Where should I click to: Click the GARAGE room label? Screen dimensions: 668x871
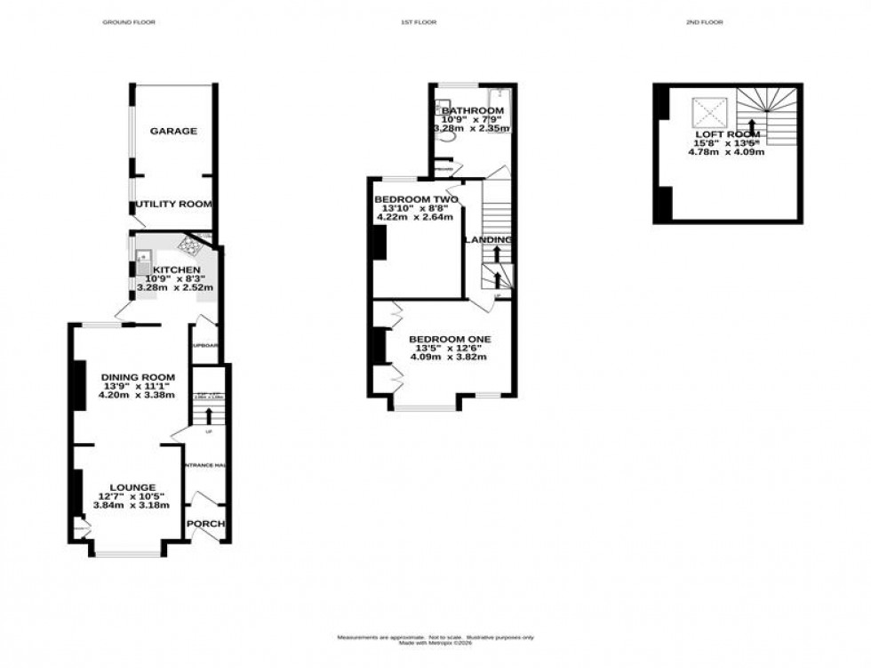point(173,131)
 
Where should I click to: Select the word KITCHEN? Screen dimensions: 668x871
point(176,270)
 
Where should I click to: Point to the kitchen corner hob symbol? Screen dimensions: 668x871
point(191,243)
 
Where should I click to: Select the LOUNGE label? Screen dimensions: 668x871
point(131,487)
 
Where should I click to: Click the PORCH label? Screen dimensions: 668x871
point(206,523)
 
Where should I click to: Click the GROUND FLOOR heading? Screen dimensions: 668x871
point(129,21)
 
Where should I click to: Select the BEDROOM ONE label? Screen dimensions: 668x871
point(449,339)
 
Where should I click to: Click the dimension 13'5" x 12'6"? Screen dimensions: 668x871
point(449,349)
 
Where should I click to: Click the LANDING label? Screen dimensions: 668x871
point(489,240)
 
